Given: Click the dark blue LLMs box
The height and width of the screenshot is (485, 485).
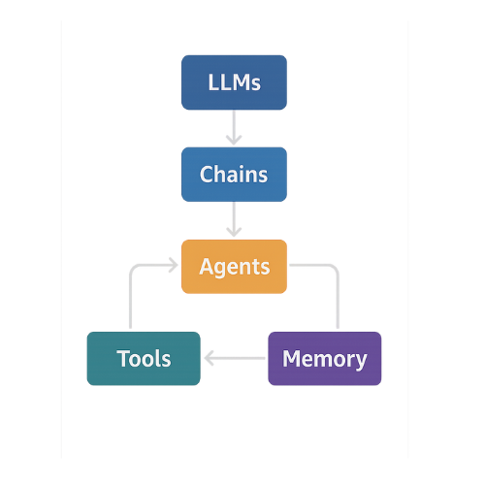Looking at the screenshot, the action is [x=234, y=82].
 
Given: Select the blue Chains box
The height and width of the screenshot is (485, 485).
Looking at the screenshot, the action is [x=234, y=175].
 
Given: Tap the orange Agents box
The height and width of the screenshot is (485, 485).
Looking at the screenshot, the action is [x=234, y=267].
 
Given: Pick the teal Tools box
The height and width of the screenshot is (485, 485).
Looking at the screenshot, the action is [x=144, y=358].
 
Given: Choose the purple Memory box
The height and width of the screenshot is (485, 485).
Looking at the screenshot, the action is [x=325, y=358].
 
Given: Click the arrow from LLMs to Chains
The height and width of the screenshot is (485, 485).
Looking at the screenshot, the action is [x=234, y=127].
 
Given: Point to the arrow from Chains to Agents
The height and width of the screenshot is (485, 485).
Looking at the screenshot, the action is [x=234, y=219].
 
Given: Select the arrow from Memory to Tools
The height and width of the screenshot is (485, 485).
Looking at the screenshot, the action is [x=235, y=358].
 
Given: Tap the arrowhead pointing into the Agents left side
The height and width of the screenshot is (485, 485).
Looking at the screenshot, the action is [x=174, y=265].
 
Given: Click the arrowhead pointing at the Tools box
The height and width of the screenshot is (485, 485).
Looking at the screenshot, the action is [x=209, y=358].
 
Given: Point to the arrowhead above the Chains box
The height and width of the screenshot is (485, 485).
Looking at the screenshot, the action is [x=234, y=141].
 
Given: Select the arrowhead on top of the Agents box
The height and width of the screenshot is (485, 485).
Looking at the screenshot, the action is [x=234, y=233].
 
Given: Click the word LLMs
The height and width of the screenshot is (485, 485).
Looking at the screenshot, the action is [x=234, y=82].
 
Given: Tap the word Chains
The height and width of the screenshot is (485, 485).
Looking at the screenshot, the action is [x=234, y=175].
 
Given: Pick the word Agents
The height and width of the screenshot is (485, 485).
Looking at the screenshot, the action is [x=235, y=267].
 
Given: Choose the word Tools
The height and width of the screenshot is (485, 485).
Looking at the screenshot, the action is [x=144, y=359].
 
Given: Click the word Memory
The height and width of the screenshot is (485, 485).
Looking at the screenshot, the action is [x=325, y=360].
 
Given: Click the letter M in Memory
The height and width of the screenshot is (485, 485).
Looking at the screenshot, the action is [x=291, y=358].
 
